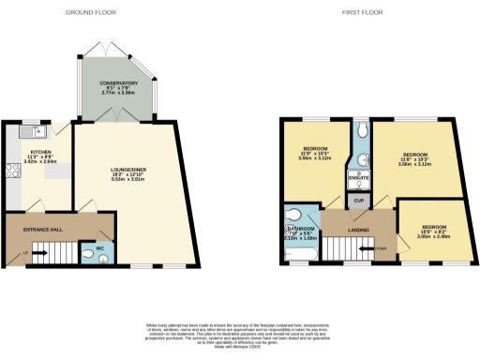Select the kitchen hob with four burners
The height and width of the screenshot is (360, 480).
click(x=13, y=172)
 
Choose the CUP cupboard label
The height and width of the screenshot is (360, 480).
click(x=357, y=200)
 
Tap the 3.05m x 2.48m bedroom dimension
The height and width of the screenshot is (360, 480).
click(x=432, y=237)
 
